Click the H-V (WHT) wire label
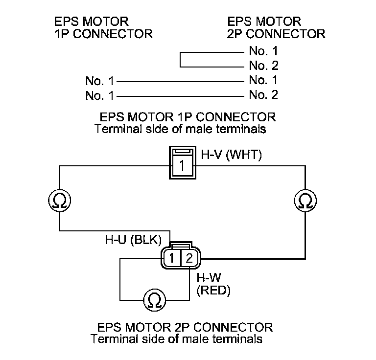point(231,155)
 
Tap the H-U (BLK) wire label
point(133,239)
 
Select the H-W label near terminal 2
point(209,278)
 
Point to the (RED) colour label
point(213,291)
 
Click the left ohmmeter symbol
point(59,200)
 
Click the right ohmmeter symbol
point(305,200)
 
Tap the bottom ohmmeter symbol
point(155,300)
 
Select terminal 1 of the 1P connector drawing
point(183,165)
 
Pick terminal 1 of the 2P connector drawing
point(172,258)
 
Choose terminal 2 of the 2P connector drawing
point(189,258)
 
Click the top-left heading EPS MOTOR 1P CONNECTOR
point(103,27)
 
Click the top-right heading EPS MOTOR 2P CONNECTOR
point(276,27)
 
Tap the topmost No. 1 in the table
point(263,51)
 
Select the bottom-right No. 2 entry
point(263,94)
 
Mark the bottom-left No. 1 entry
point(99,95)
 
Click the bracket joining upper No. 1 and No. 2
point(180,59)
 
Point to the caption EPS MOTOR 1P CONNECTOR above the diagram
point(188,117)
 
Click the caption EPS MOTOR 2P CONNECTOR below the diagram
point(185,327)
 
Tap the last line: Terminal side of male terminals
point(176,339)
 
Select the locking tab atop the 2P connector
point(180,246)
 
